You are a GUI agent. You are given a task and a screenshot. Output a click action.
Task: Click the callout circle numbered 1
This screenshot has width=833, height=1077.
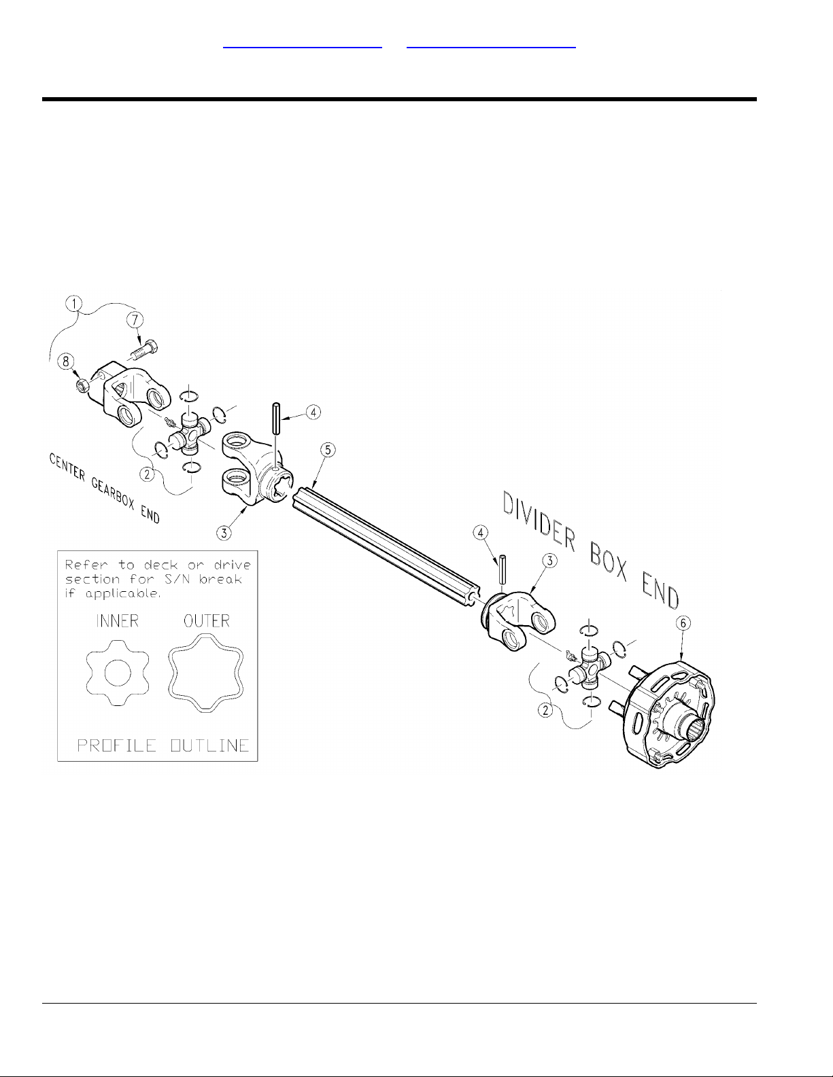pyautogui.click(x=74, y=303)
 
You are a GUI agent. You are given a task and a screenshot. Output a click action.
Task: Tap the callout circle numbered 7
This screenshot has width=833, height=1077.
pyautogui.click(x=135, y=319)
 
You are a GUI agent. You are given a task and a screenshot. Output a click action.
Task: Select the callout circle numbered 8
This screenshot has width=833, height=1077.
pyautogui.click(x=66, y=361)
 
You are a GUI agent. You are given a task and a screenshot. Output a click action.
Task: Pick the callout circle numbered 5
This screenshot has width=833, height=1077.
pyautogui.click(x=328, y=450)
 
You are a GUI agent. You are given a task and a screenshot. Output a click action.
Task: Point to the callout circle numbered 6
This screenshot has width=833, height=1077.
pyautogui.click(x=683, y=623)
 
